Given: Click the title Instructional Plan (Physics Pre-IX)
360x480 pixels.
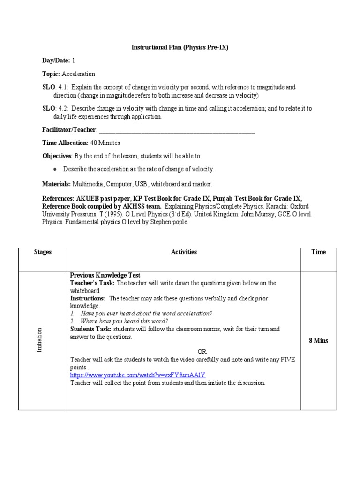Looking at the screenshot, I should pos(179,48).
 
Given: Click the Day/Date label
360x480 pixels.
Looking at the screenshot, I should pos(56,60).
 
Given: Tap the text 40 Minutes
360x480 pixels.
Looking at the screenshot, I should pos(105,142).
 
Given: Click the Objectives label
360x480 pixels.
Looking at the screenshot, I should pos(57,156).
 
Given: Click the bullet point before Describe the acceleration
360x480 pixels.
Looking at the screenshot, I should pos(55,169).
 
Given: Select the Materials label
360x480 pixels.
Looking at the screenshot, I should pos(56,184).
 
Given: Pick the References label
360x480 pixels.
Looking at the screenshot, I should pos(58,199).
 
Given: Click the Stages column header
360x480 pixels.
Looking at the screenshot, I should pos(43,252).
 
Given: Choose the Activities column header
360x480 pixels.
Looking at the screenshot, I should pos(184,252).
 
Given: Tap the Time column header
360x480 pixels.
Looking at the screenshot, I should pos(318,252).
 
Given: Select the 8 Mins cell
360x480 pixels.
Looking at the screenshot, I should pos(318,341).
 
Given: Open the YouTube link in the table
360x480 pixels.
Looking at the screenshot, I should pos(138,375).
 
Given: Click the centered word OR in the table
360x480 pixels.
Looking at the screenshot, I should pos(202,352).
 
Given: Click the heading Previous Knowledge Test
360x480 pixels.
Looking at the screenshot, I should pos(105,275).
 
